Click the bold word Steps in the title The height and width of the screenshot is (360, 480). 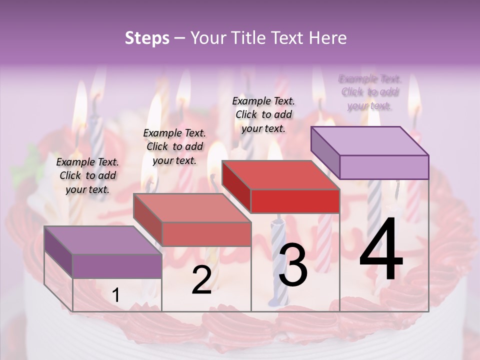(x=146, y=38)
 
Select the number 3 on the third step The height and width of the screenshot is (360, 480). (x=292, y=265)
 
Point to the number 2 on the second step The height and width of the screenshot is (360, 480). (x=201, y=280)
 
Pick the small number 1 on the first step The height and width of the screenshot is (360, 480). (x=115, y=295)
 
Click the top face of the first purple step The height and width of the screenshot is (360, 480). (x=103, y=240)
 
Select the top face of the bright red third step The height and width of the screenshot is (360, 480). (x=280, y=175)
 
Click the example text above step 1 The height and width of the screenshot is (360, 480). (x=87, y=175)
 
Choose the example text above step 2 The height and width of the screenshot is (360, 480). (x=174, y=146)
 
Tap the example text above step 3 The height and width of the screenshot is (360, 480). (x=263, y=114)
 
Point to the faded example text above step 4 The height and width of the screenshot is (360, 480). (x=370, y=92)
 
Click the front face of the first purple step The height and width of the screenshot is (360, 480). (x=117, y=266)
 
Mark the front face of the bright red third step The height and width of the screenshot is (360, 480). (x=295, y=201)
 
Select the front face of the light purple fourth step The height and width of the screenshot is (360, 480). (x=384, y=167)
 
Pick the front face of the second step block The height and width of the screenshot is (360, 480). (x=206, y=234)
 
